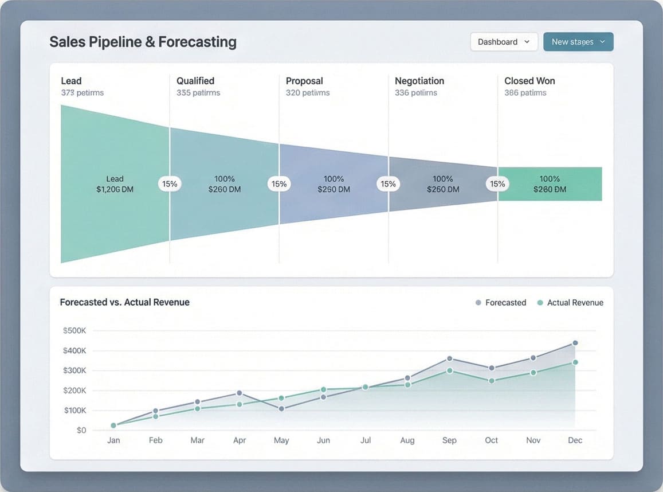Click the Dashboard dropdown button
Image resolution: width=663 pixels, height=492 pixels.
click(504, 42)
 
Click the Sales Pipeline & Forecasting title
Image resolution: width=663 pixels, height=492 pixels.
click(143, 42)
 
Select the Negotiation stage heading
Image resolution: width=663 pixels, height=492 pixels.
click(419, 81)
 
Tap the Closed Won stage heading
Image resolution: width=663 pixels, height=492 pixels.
click(529, 81)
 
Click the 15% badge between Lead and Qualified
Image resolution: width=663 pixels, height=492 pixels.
click(170, 184)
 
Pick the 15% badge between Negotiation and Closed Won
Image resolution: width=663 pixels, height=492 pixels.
click(497, 184)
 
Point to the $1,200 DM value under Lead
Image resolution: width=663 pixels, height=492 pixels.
click(115, 189)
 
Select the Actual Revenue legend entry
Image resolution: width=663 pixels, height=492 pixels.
click(570, 303)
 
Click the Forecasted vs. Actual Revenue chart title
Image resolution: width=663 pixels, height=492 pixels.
click(124, 302)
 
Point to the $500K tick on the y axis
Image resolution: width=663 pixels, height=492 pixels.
click(74, 331)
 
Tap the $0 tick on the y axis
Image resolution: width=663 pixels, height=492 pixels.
click(81, 430)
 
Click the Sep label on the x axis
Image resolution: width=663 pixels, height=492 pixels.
click(449, 440)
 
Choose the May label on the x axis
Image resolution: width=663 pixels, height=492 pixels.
click(281, 440)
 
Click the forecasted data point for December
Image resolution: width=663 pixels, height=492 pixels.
click(575, 343)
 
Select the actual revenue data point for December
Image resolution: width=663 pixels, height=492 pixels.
click(575, 362)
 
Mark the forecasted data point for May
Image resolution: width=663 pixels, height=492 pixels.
click(281, 409)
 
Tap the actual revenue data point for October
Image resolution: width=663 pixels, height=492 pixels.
click(491, 381)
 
